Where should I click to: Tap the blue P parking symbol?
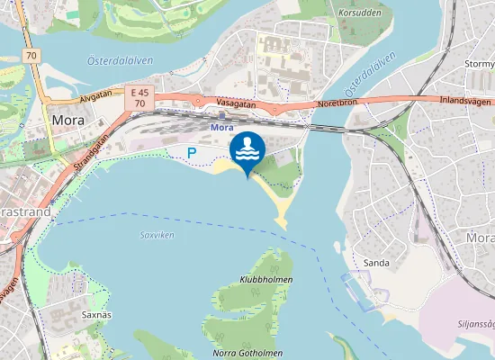click(x=190, y=153)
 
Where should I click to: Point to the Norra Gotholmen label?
click(x=247, y=353)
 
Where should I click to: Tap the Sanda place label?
click(x=375, y=262)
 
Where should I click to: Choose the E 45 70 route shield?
click(x=139, y=98)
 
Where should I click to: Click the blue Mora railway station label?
click(x=221, y=128)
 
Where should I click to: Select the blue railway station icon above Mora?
click(x=221, y=114)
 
